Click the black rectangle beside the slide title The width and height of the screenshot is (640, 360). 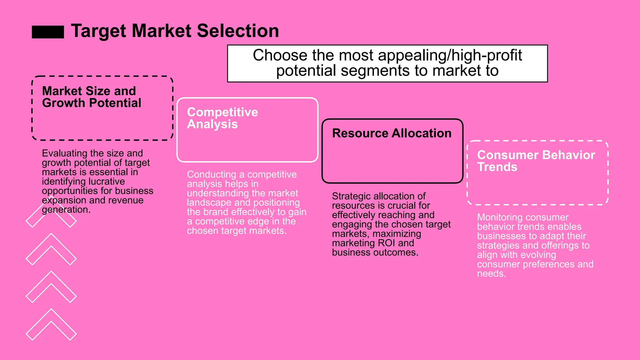[48, 32]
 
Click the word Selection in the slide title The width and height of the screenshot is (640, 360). [237, 31]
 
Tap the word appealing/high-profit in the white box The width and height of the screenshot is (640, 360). [450, 55]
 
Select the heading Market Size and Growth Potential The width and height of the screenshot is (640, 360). [91, 97]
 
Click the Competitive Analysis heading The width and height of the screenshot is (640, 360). [222, 118]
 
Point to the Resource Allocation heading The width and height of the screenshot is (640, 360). [392, 133]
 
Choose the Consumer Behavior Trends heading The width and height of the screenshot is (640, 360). [536, 161]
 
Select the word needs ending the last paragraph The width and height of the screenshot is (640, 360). [491, 274]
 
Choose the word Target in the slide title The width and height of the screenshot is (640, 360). [98, 31]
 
